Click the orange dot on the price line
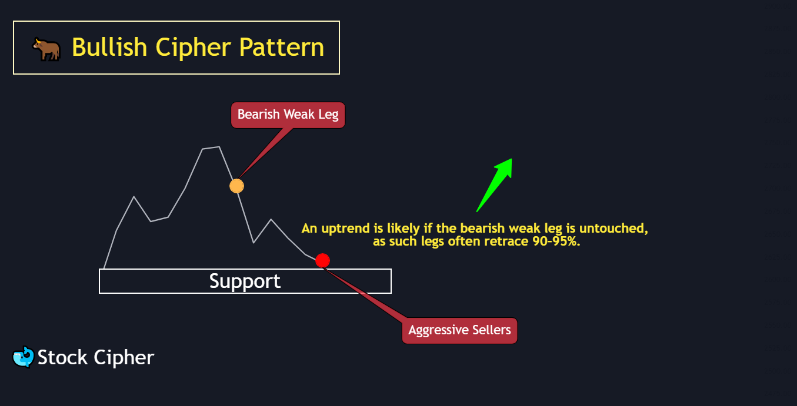click(x=236, y=186)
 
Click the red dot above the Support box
click(x=322, y=260)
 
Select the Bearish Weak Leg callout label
click(x=288, y=114)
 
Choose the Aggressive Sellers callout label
click(x=459, y=330)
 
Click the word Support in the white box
click(x=245, y=281)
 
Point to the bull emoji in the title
click(x=46, y=49)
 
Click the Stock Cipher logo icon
click(x=23, y=357)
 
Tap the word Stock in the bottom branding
click(x=62, y=357)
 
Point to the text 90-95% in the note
click(x=555, y=241)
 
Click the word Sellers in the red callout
click(x=491, y=330)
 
